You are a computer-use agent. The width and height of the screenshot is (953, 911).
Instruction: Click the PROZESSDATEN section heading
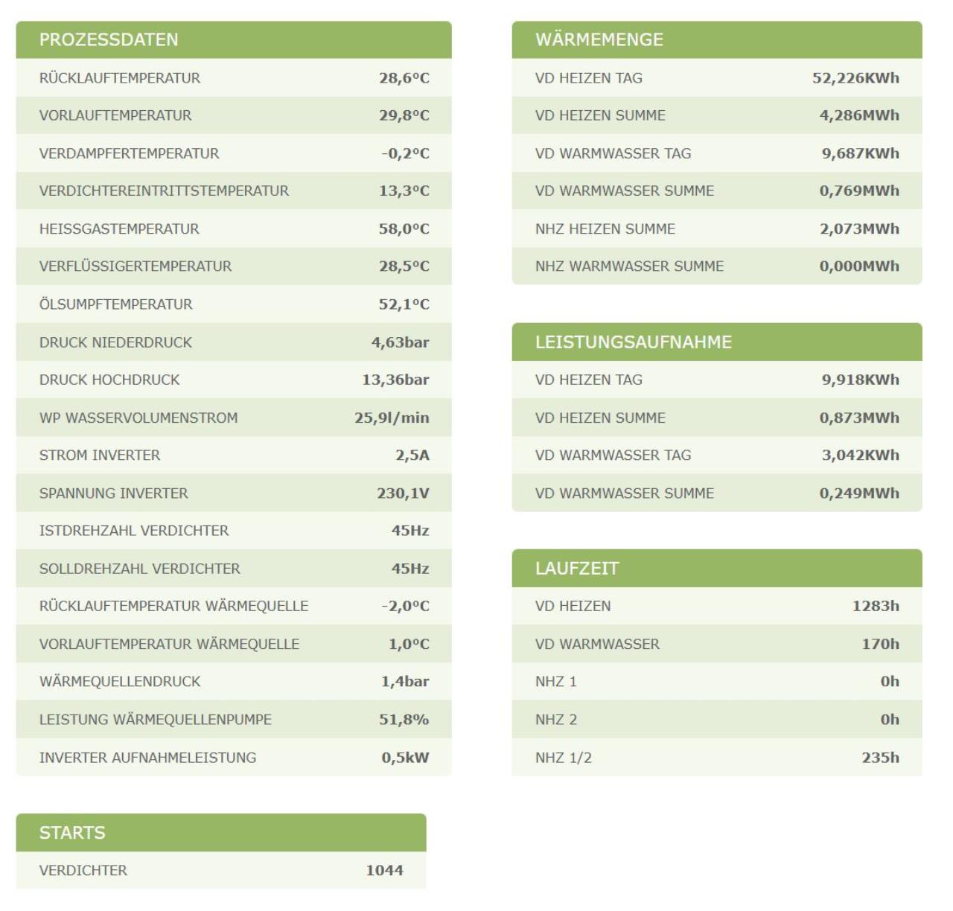(x=109, y=39)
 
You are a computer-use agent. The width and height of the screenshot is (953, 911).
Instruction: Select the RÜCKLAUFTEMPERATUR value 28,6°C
(x=404, y=78)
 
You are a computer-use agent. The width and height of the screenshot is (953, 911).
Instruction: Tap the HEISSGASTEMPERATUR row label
(x=119, y=229)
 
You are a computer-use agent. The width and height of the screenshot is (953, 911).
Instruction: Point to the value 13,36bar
(x=395, y=380)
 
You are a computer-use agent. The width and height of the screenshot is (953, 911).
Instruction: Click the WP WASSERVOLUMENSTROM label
(x=138, y=418)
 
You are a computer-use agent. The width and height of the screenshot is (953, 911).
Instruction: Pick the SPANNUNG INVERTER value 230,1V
(x=403, y=493)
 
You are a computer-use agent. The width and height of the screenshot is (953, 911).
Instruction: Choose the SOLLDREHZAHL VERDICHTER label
(x=139, y=569)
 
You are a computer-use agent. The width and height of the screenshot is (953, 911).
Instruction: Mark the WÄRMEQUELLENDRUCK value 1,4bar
(x=405, y=681)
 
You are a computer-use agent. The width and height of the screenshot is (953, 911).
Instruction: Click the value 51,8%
(x=404, y=719)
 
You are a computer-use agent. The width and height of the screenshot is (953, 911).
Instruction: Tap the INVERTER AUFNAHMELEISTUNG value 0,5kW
(x=405, y=757)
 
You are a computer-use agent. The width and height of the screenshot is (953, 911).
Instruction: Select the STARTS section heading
(x=72, y=832)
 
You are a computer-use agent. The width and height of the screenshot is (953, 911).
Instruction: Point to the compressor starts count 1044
(x=384, y=870)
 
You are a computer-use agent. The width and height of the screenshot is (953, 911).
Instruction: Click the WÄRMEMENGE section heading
(x=599, y=39)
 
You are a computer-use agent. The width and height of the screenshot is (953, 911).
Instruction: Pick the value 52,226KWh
(x=855, y=78)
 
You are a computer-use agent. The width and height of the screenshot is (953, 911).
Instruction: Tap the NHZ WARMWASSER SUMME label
(x=629, y=266)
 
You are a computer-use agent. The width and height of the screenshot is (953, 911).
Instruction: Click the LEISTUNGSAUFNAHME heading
(x=634, y=342)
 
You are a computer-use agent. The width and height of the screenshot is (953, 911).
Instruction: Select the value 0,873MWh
(x=859, y=418)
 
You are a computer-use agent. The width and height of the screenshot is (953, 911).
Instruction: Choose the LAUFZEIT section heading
(x=577, y=569)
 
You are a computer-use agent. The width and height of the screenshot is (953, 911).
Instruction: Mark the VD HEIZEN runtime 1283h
(x=876, y=606)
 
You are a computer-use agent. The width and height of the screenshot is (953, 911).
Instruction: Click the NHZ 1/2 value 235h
(x=880, y=757)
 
